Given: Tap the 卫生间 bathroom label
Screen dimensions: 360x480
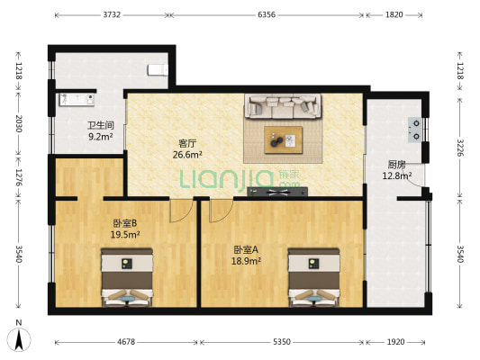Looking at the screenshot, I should [100, 125].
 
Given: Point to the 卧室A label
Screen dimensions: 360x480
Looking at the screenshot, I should [246, 248].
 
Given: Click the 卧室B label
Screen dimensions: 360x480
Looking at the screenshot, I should [125, 223].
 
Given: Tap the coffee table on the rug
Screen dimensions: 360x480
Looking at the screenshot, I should [283, 139].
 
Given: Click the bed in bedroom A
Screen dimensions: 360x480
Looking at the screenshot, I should [312, 280].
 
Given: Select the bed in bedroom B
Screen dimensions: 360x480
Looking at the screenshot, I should [126, 280].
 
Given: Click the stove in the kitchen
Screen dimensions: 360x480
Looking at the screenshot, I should [416, 131].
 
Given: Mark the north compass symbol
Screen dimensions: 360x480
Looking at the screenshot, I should [19, 339].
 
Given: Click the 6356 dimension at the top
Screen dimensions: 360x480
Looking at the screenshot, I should [267, 15].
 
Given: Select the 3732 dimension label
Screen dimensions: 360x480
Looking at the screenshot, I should [113, 15].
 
